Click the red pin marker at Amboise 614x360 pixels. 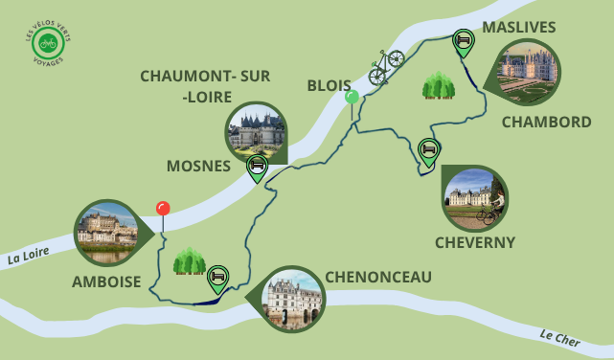coord(163,209)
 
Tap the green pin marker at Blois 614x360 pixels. coord(352,97)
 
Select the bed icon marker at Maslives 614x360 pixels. coord(464,41)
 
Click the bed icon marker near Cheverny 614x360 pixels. coord(429,149)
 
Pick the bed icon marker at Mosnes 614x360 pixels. coord(257,166)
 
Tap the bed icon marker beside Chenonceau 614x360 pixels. coord(218,277)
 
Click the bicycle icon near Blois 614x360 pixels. coord(386,66)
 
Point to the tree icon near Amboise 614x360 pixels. coord(189,260)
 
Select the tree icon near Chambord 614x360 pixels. coord(438,85)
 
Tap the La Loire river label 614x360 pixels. coord(27,258)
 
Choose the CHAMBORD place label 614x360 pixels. coord(546,122)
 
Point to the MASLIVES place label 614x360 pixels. coord(518,26)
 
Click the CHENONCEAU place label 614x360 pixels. coord(378,277)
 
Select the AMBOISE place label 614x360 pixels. coord(106,281)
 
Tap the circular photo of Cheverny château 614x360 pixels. coord(474,198)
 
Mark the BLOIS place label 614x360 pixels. coord(329,85)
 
